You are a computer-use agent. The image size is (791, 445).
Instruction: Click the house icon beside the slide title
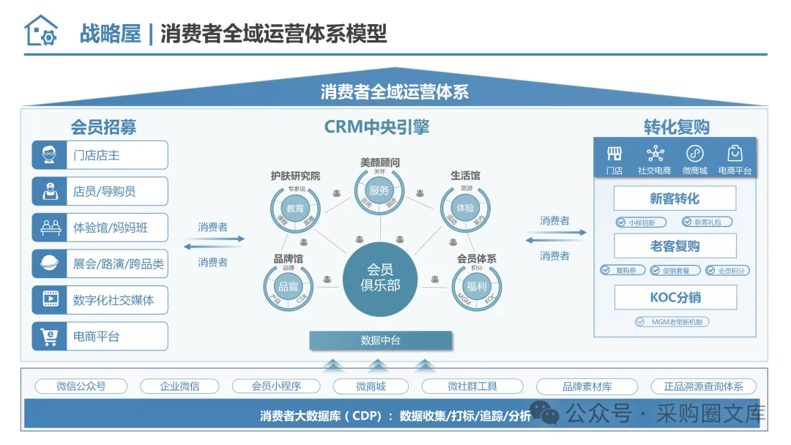(x=40, y=31)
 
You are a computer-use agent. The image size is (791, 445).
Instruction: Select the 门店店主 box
(x=100, y=155)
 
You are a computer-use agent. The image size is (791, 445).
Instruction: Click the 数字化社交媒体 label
(x=114, y=300)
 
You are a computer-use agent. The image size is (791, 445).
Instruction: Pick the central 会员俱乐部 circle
(x=380, y=277)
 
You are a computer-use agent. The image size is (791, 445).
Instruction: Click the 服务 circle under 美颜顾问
(x=379, y=190)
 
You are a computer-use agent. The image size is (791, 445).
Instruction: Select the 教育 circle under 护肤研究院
(x=295, y=208)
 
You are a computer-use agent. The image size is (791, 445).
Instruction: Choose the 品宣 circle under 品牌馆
(x=287, y=286)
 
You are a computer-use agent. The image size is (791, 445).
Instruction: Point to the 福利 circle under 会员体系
(x=477, y=286)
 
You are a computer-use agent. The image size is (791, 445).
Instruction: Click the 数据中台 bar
(x=381, y=340)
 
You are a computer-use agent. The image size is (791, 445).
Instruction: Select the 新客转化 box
(x=675, y=198)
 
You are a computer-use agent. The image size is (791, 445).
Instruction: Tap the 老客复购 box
(x=675, y=246)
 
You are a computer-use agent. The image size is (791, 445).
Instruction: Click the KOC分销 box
(x=675, y=298)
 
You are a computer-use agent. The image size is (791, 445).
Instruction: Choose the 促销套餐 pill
(x=671, y=271)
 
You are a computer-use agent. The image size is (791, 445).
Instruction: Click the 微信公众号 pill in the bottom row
(x=81, y=386)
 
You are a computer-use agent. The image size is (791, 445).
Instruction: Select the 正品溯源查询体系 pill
(x=703, y=386)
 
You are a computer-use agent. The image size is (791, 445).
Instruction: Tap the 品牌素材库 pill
(x=587, y=386)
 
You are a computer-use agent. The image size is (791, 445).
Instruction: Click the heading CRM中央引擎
(x=376, y=127)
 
